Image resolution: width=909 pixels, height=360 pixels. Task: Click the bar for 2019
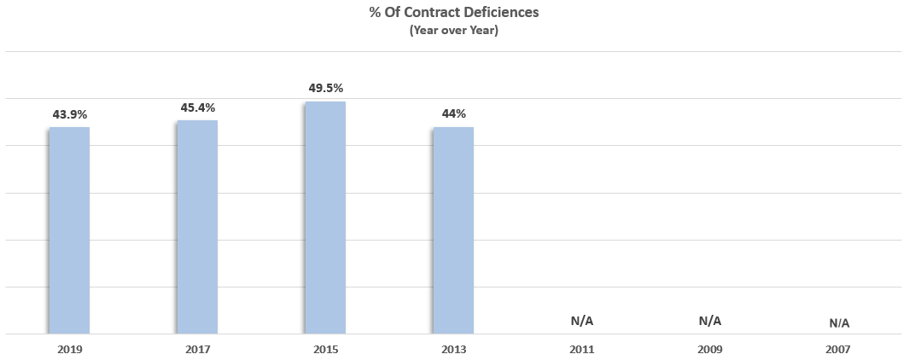coord(69,230)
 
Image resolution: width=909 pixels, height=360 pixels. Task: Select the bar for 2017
coord(197,227)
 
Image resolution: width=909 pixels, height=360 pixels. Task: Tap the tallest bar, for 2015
coord(325,218)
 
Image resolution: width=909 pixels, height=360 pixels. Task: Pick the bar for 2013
coord(453,230)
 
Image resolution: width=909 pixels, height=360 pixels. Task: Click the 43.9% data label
coord(69,113)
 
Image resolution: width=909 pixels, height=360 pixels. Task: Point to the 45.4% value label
coord(197,107)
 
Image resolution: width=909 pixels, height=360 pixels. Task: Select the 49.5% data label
coord(325,88)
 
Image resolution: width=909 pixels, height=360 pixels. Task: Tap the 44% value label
coord(453,113)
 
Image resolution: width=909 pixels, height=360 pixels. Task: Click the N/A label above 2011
coord(582,321)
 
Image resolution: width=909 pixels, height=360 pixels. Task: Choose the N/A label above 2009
coord(710,321)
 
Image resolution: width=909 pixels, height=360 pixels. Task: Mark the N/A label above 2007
coord(839,323)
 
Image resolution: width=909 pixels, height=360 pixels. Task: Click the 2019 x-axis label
coord(69,349)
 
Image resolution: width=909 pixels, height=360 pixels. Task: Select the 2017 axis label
coord(197,349)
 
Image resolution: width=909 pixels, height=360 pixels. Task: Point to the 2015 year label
coord(325,349)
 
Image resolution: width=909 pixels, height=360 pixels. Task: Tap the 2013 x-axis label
coord(453,349)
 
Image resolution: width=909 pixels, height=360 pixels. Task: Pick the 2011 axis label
coord(582,349)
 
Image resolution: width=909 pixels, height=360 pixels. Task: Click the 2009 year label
coord(710,349)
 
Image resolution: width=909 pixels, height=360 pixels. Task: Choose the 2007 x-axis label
coord(839,349)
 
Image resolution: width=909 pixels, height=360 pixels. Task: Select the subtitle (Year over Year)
coord(453,30)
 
